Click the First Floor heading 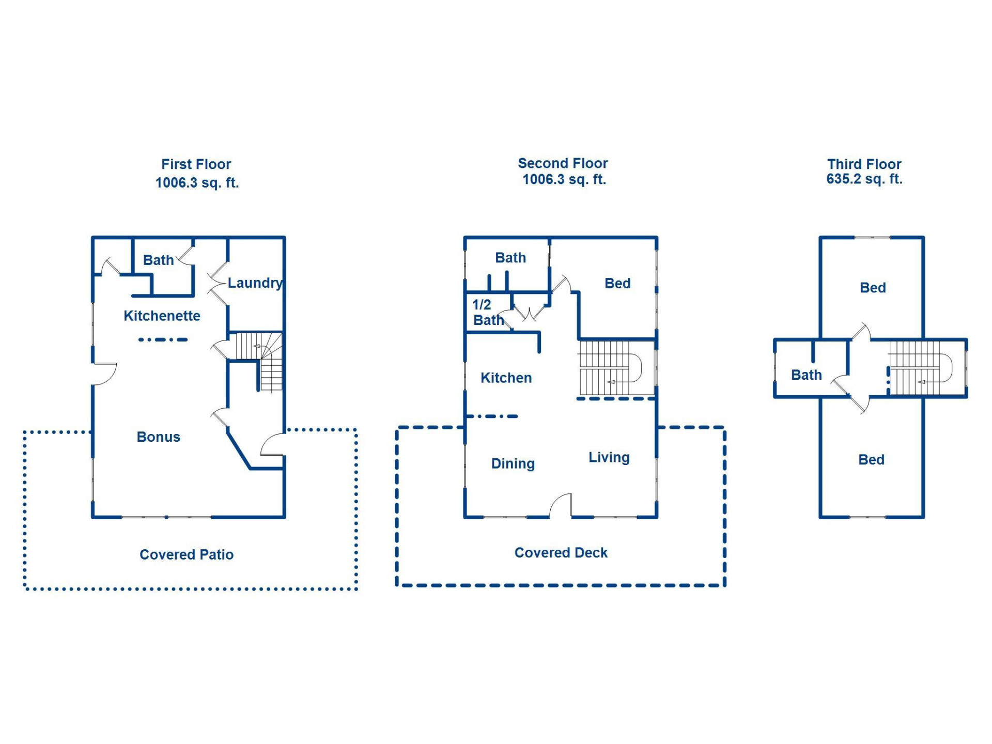pos(196,164)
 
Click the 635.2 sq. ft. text pos(864,179)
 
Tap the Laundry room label pos(255,283)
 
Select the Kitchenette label pos(162,316)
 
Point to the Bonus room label pos(158,437)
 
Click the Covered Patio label pos(186,554)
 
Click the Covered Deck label pos(561,553)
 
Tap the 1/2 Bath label pos(487,313)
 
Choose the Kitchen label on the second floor pos(506,378)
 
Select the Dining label pos(513,463)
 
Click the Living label pos(609,457)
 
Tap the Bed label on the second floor pos(617,283)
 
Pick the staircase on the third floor pos(920,368)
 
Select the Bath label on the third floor pos(806,375)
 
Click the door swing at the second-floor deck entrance pos(561,505)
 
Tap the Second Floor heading pos(563,163)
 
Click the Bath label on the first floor pos(158,260)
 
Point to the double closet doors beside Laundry pos(217,283)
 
